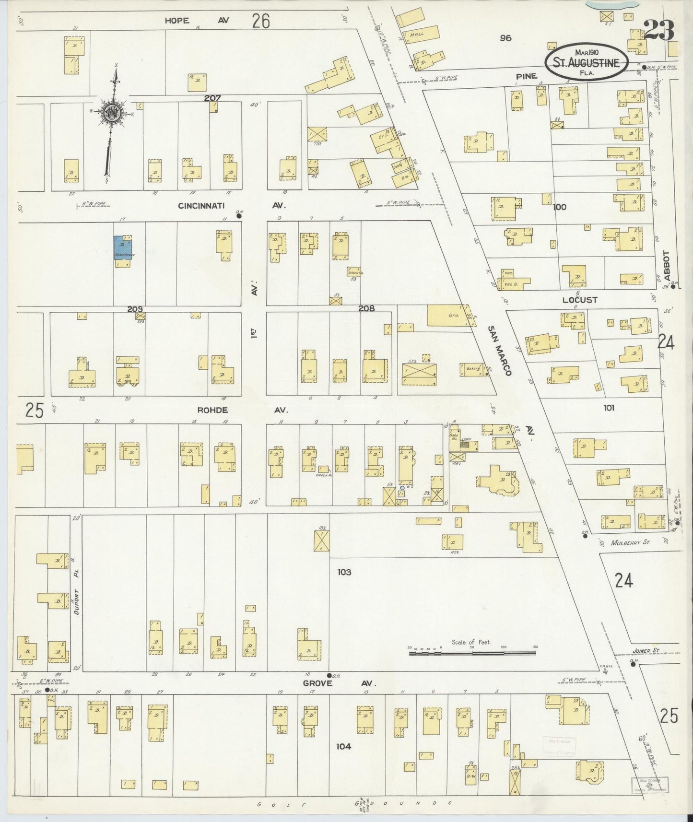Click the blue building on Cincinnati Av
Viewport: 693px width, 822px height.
coord(121,248)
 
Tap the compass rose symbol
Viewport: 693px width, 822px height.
coord(110,114)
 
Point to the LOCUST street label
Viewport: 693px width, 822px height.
coord(580,300)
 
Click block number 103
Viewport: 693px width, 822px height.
coord(344,572)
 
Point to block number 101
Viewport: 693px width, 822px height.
coord(609,408)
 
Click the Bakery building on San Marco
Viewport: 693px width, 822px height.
coord(473,369)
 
